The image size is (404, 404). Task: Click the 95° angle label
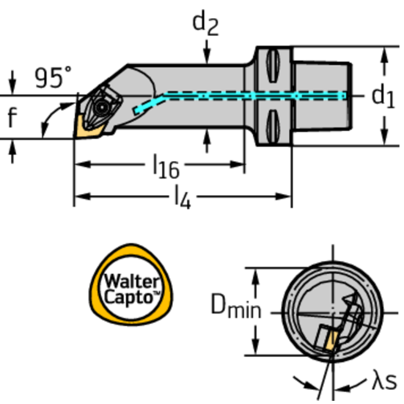pyautogui.click(x=53, y=78)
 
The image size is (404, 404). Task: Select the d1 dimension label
pyautogui.click(x=382, y=96)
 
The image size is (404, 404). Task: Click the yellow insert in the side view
pyautogui.click(x=84, y=126)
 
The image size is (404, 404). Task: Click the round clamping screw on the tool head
pyautogui.click(x=101, y=107)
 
